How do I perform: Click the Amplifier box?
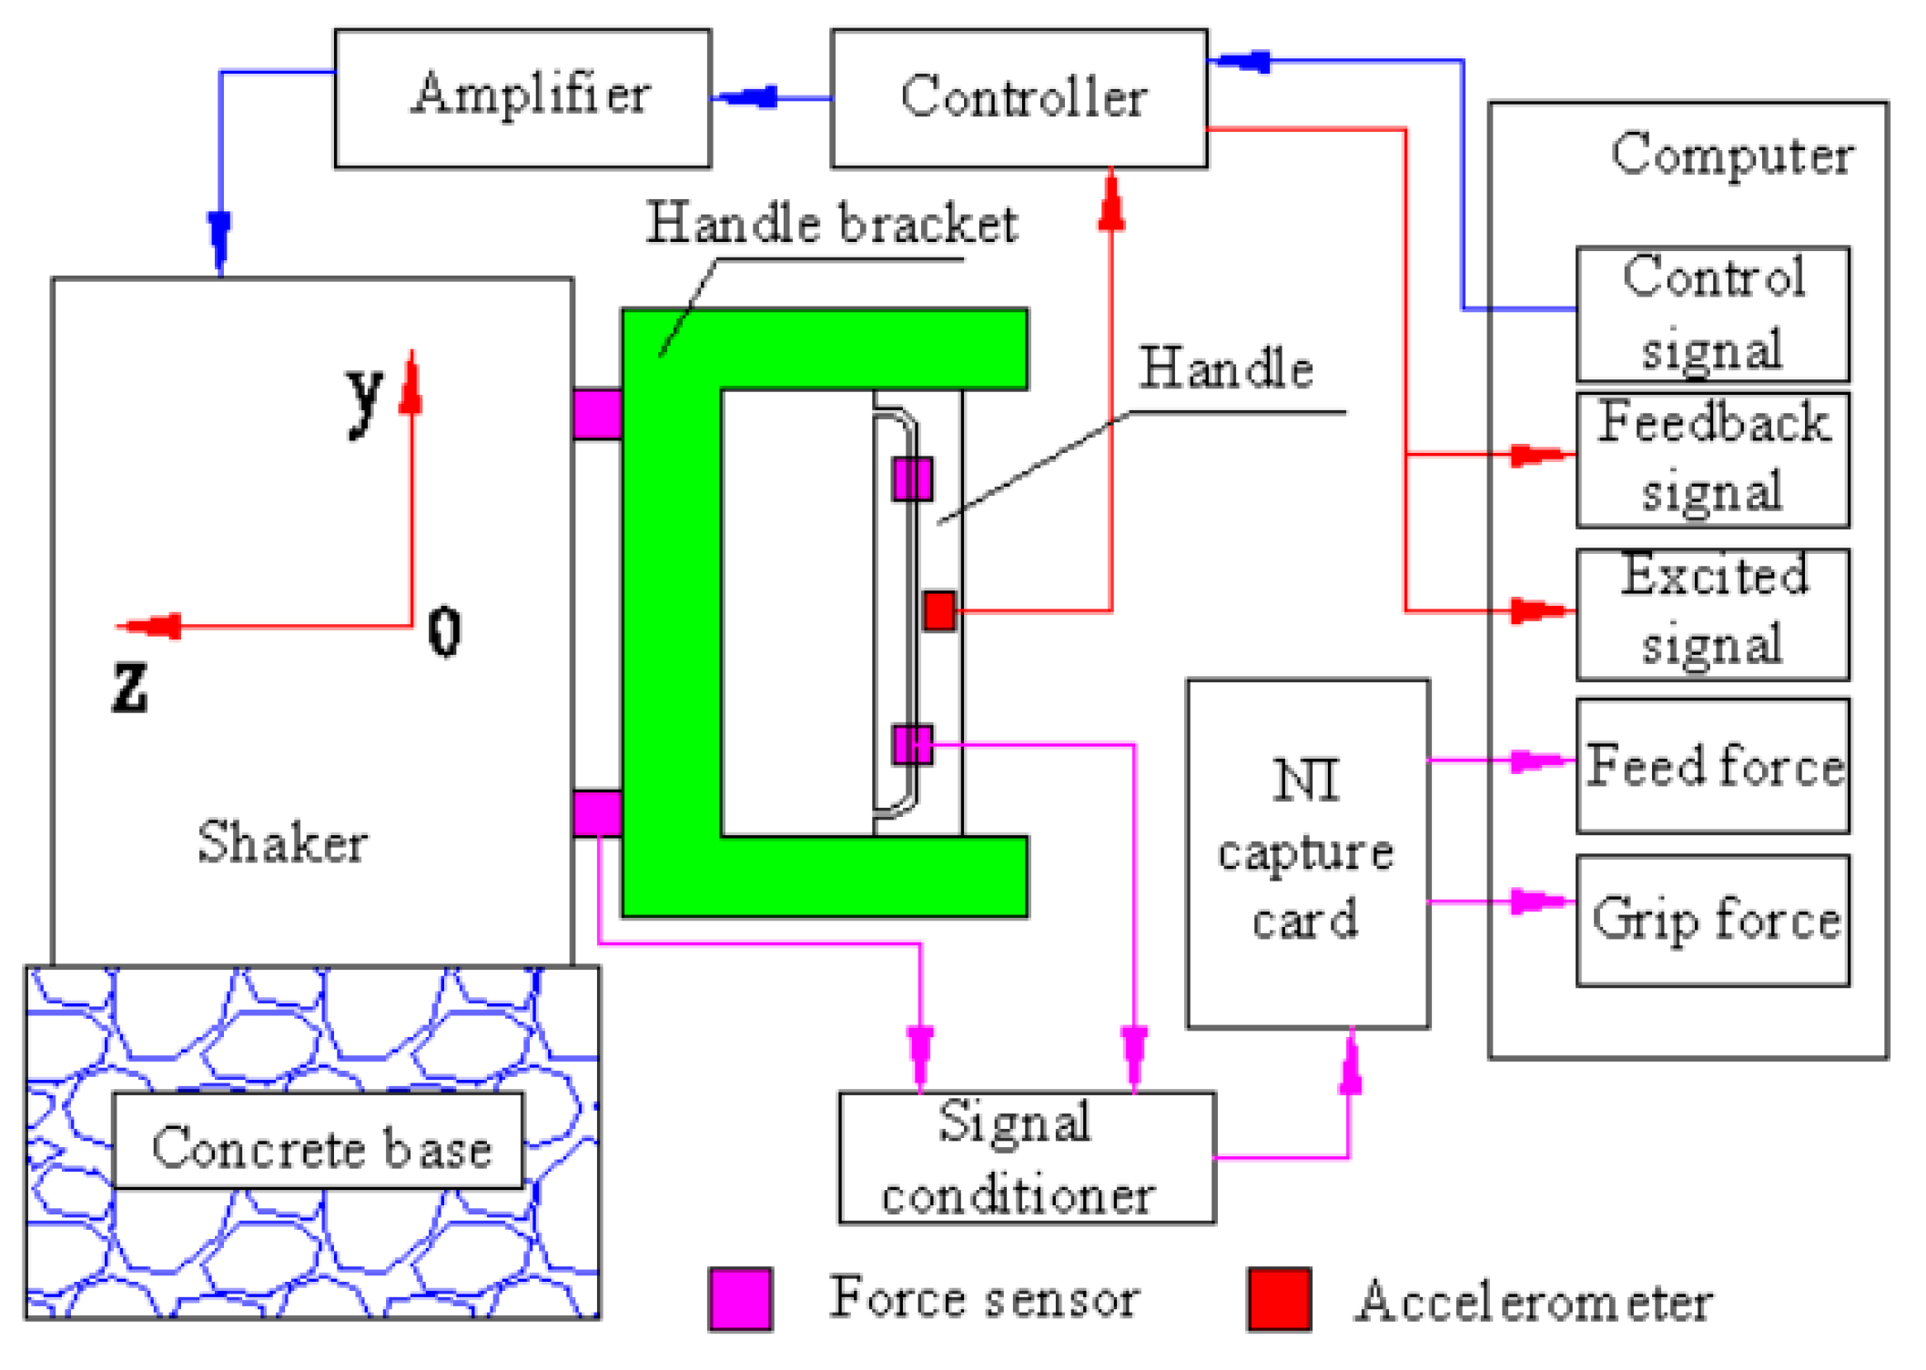[x=522, y=98]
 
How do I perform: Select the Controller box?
[x=1019, y=98]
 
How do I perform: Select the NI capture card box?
[x=1307, y=852]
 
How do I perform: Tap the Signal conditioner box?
[x=1026, y=1157]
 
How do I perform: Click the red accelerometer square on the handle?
[x=938, y=610]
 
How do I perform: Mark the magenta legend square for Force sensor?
[x=740, y=1298]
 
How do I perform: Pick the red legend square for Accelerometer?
[x=1278, y=1298]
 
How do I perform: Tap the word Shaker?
[x=282, y=841]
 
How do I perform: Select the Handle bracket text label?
[x=830, y=224]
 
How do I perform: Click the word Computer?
[x=1731, y=155]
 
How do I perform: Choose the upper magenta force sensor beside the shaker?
[x=597, y=415]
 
